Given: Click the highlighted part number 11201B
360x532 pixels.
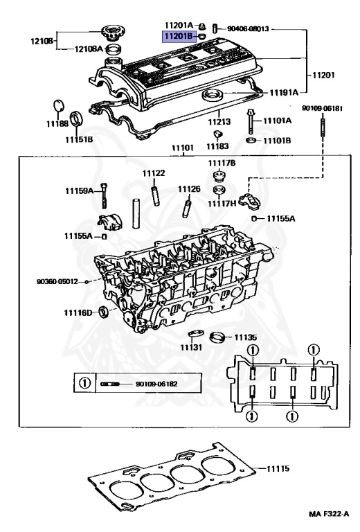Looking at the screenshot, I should (x=178, y=37).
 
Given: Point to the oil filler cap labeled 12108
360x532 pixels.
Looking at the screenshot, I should (x=110, y=31).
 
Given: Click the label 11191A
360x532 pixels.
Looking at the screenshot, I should (x=284, y=91).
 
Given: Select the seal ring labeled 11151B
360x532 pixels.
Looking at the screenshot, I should (x=75, y=116).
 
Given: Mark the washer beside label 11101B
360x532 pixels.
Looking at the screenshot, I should (x=251, y=141).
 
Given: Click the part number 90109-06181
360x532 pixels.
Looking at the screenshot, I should (x=322, y=109).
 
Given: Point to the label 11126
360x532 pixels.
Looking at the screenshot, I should (x=188, y=188).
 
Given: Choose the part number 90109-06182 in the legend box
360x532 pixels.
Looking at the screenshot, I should (x=156, y=383).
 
